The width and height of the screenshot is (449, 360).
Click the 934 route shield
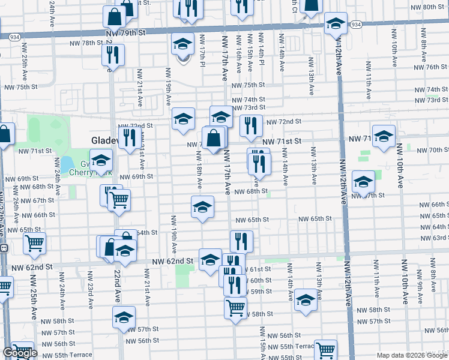[x=356, y=25]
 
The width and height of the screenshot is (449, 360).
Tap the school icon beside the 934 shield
[x=335, y=24]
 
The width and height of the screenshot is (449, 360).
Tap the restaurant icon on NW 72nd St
[x=250, y=126]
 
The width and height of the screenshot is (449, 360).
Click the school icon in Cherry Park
[x=101, y=160]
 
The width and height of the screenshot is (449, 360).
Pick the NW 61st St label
[x=261, y=269]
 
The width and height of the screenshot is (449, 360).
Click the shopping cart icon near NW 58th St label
[x=235, y=308]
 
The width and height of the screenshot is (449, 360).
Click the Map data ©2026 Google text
[x=412, y=355]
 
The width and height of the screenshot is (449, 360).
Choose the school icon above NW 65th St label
[x=202, y=207]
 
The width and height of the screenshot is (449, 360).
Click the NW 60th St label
[x=261, y=281]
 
